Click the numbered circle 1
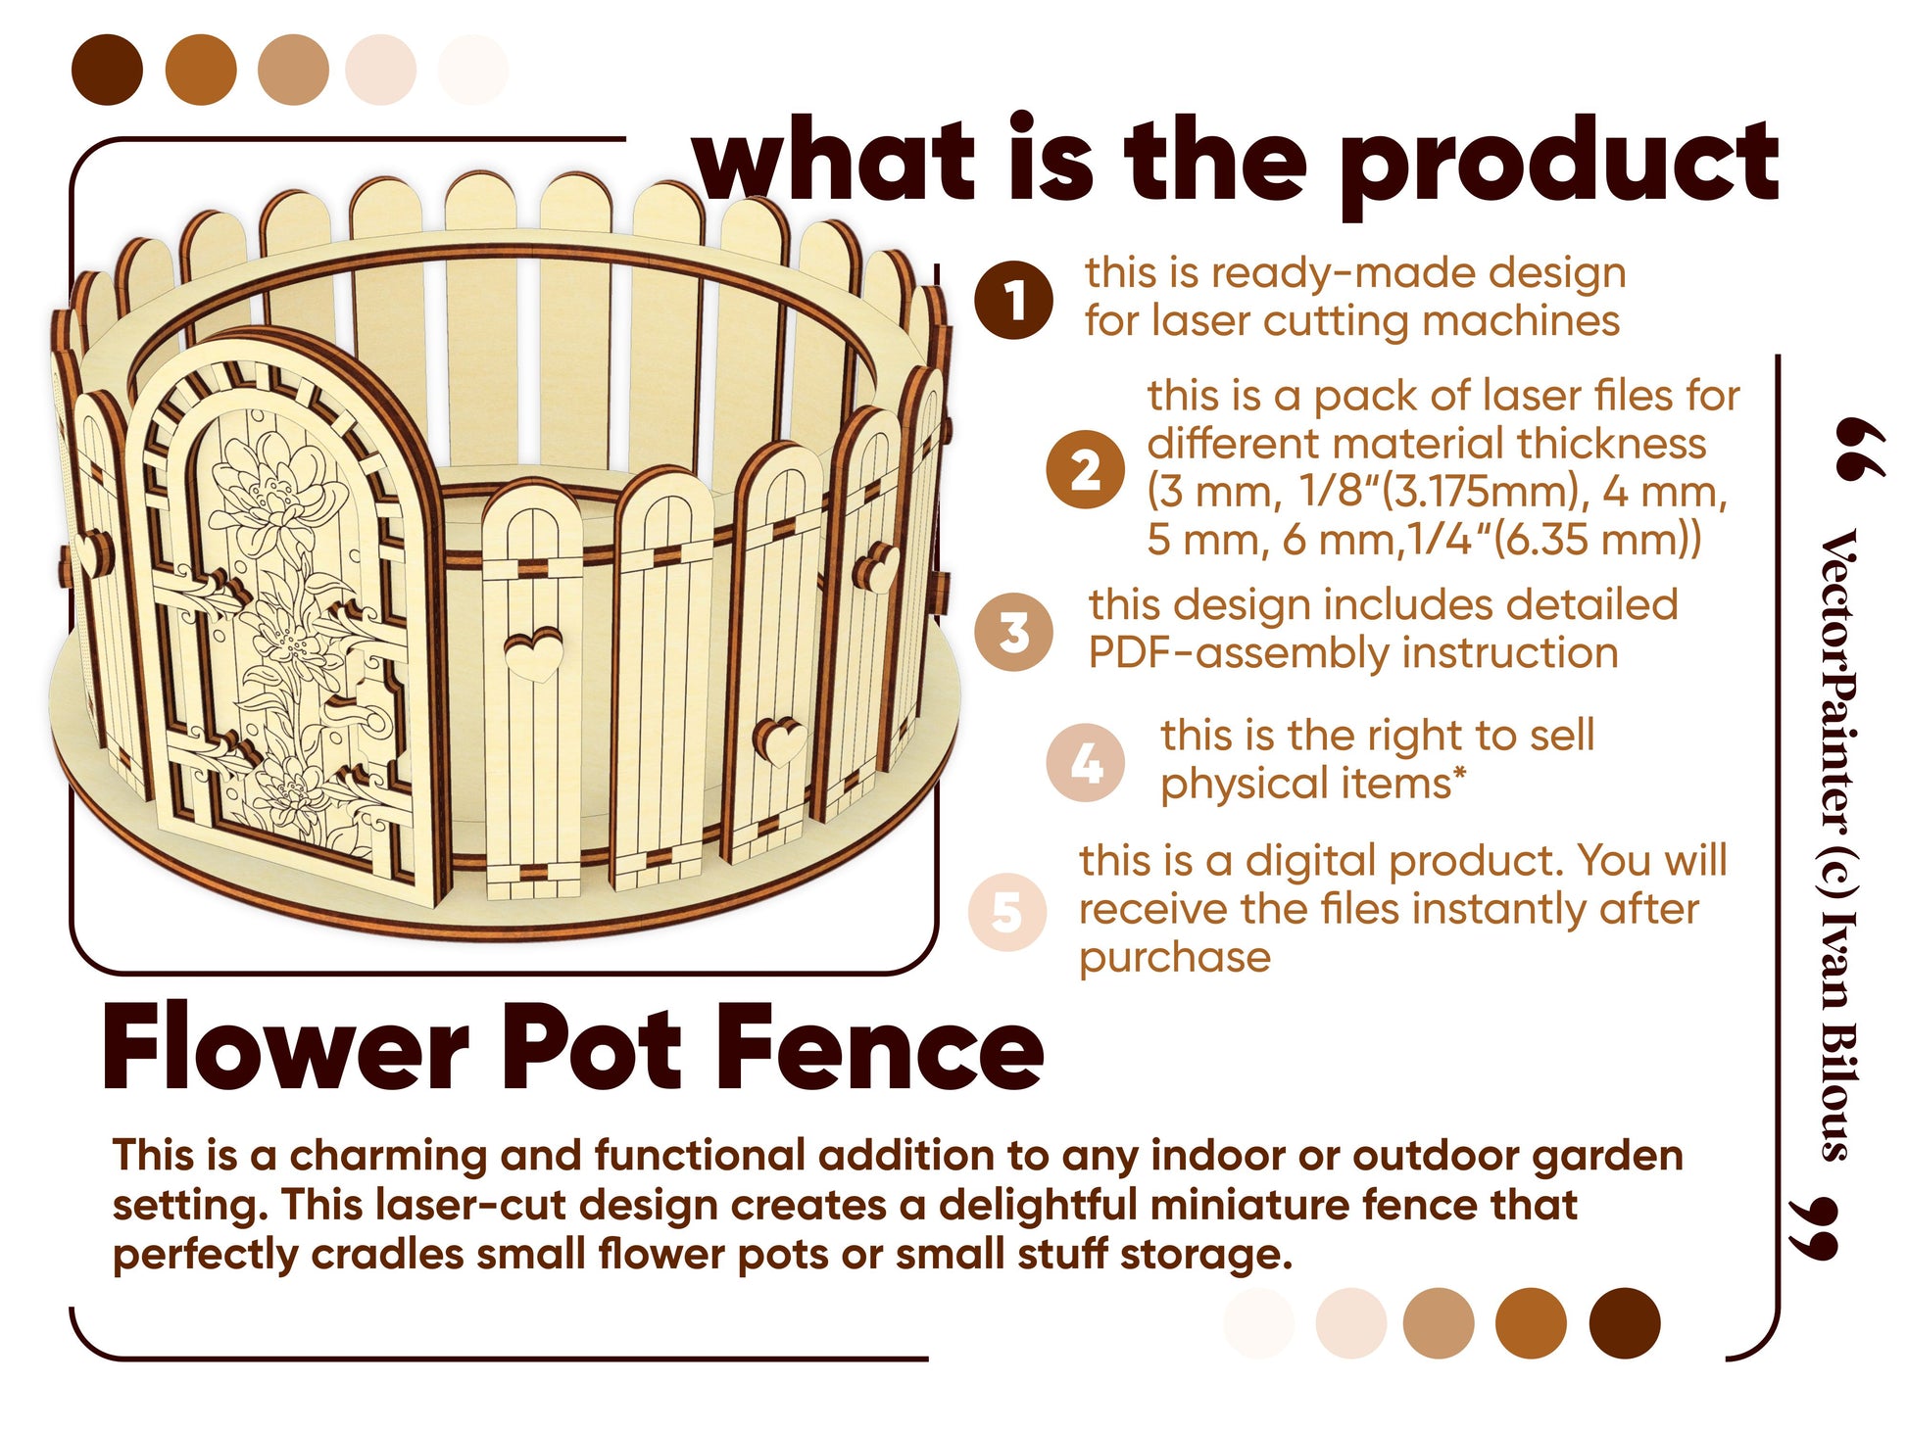pyautogui.click(x=1014, y=300)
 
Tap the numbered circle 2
pyautogui.click(x=1085, y=469)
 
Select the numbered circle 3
pyautogui.click(x=1014, y=632)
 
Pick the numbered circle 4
pyautogui.click(x=1085, y=763)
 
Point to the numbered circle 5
pyautogui.click(x=1007, y=911)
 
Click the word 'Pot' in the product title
pyautogui.click(x=591, y=1048)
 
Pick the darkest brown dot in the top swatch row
pyautogui.click(x=108, y=70)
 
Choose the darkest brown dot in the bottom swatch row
pyautogui.click(x=1625, y=1323)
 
